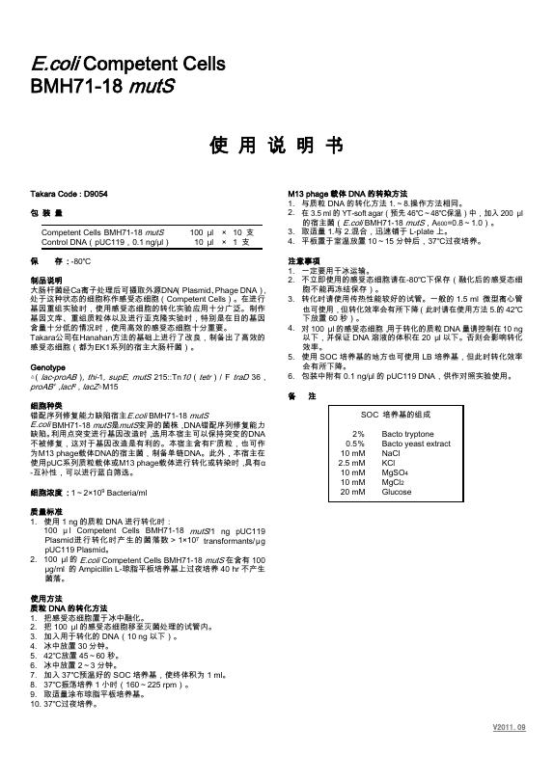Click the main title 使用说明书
276,147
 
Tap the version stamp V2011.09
510,752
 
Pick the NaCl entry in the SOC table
390,453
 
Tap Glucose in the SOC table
396,492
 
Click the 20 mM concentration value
353,492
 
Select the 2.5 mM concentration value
351,463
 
